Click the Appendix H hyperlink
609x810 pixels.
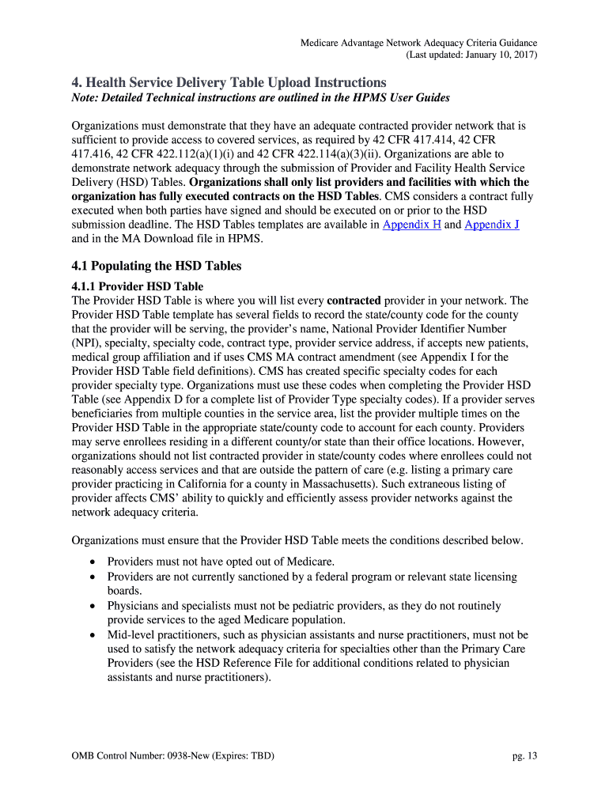[411, 225]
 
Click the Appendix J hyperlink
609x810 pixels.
[491, 225]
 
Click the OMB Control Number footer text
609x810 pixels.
[172, 755]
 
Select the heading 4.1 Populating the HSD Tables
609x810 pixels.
[157, 266]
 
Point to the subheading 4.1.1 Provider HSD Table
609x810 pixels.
[137, 286]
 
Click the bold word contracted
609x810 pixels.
[354, 301]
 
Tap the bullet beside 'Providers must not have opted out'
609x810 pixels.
[93, 562]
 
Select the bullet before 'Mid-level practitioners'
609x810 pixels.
[93, 634]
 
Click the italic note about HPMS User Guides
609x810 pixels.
[262, 97]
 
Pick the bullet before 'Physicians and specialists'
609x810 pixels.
[93, 606]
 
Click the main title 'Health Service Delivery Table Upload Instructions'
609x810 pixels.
[229, 82]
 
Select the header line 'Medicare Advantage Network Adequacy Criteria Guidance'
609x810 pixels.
[419, 43]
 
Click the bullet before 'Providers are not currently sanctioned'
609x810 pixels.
[93, 577]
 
